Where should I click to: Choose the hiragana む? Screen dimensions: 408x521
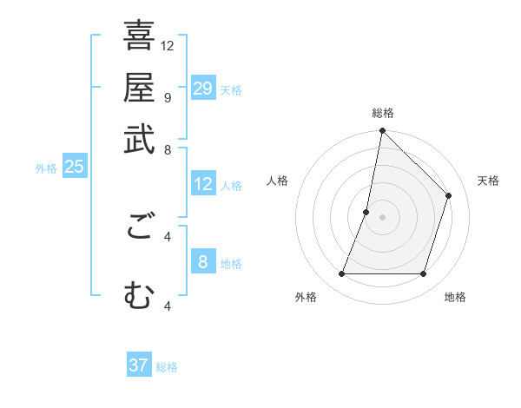[139, 295]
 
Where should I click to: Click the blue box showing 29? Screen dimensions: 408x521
[202, 89]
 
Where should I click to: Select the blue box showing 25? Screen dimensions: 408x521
[74, 168]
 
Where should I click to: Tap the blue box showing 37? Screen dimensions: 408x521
[138, 365]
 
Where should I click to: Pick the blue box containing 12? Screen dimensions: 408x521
[202, 184]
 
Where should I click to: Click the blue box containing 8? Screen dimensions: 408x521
[202, 262]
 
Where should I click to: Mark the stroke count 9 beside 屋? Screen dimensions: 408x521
[168, 97]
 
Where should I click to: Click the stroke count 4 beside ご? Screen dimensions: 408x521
[168, 235]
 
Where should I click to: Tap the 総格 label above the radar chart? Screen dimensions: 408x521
[383, 113]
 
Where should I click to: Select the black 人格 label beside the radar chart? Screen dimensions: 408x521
[278, 181]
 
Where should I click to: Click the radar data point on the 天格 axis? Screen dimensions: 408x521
[449, 195]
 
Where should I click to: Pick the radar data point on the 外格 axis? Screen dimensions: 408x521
[342, 274]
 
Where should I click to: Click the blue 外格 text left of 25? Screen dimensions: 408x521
[46, 168]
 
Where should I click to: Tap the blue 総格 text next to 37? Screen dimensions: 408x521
[167, 367]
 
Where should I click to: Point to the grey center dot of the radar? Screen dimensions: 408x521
[383, 217]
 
